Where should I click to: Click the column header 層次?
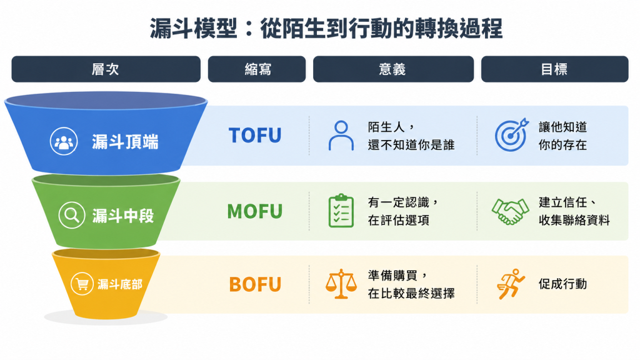coord(106,69)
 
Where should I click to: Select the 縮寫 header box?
coord(257,69)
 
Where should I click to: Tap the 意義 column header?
coord(393,69)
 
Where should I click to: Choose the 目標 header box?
coord(555,69)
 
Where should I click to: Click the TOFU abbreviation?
coord(255,136)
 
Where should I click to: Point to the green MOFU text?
coord(255,211)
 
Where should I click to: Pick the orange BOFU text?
coord(255,284)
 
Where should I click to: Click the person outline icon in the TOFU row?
coord(341,136)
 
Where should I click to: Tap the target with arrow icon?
coord(512,135)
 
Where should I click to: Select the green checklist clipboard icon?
coord(341,211)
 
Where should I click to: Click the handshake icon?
coord(510,211)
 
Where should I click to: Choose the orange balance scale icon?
coord(341,284)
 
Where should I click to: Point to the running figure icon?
coord(510,284)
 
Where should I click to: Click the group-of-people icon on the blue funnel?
coord(64,141)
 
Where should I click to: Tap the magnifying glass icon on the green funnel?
coord(72,215)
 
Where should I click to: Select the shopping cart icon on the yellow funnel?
coord(82,284)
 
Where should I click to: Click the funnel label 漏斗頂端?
coord(125,142)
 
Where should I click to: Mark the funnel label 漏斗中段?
coord(123,216)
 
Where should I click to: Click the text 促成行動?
coord(563,284)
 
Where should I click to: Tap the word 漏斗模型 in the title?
coord(194,29)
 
